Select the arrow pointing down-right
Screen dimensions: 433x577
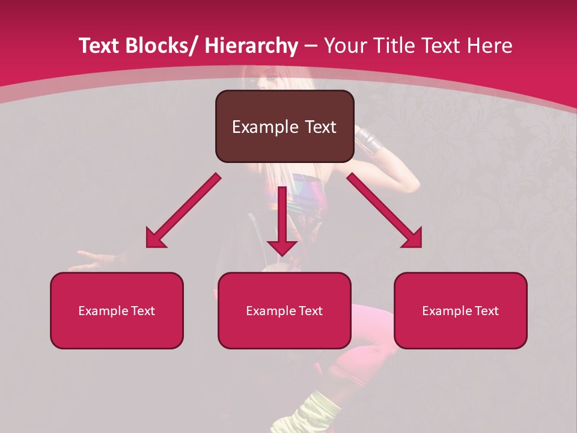(385, 211)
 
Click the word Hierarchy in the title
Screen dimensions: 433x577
(251, 46)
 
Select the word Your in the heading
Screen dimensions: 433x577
(345, 46)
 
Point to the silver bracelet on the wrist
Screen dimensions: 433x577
(368, 140)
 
